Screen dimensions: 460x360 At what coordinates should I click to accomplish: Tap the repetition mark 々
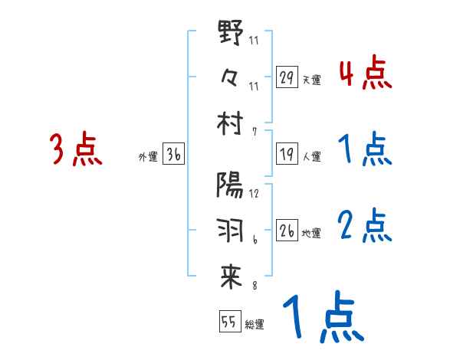tap(231, 77)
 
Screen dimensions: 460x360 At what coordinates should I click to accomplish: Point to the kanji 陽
tap(231, 186)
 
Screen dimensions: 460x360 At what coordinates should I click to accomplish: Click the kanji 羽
tap(231, 229)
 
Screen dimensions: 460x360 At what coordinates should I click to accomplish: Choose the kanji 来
tap(231, 277)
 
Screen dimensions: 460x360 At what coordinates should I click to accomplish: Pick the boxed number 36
tap(173, 156)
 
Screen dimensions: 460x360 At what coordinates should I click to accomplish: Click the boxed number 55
tap(229, 322)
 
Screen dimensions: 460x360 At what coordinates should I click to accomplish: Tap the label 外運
tap(147, 158)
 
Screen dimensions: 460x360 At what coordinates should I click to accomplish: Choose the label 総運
tap(255, 324)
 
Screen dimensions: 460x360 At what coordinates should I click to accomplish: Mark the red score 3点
tap(76, 149)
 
